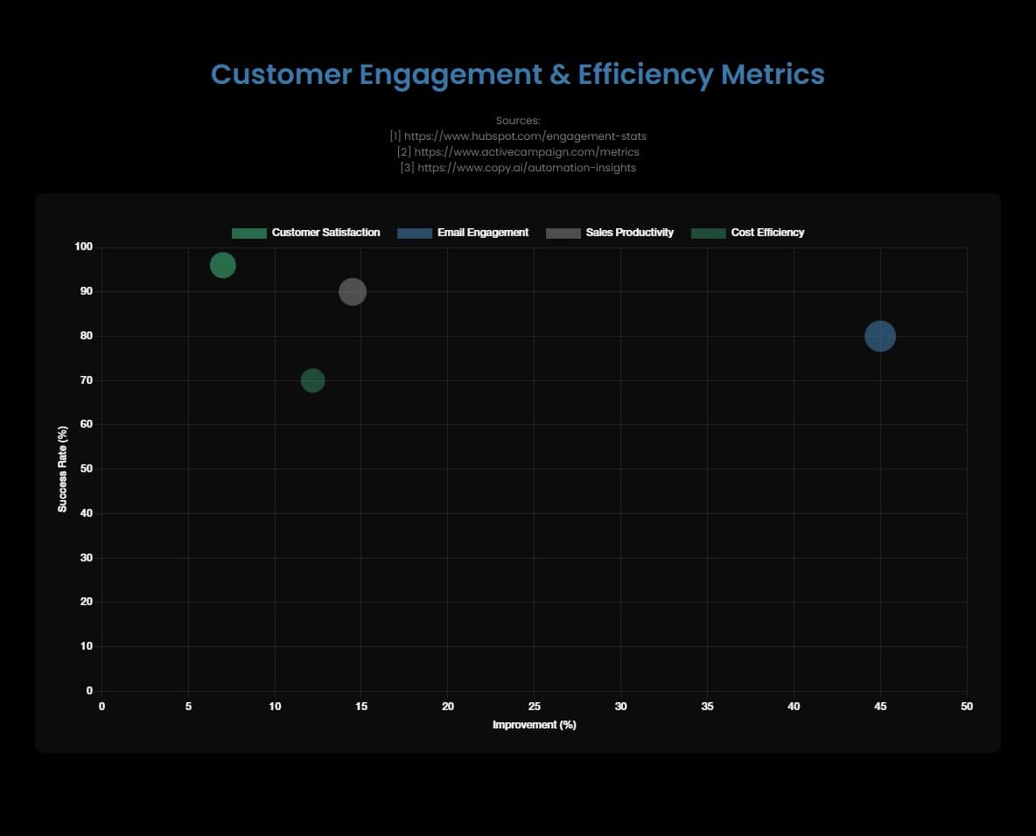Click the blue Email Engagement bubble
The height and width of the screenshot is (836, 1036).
(x=880, y=336)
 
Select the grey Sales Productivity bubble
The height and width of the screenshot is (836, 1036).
(x=353, y=291)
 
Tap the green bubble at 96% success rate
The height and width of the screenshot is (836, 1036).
(x=223, y=265)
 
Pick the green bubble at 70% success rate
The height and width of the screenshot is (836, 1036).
(x=312, y=380)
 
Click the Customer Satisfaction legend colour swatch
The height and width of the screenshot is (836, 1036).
(x=248, y=233)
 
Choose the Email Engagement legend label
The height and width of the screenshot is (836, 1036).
(x=482, y=233)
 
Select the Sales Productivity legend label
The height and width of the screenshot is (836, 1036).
(x=629, y=233)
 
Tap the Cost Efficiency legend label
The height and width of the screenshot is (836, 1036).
(x=766, y=233)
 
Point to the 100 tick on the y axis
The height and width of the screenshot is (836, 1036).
(x=83, y=247)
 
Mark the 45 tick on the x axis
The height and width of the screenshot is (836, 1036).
(x=880, y=706)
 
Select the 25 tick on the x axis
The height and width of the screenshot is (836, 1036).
(x=535, y=706)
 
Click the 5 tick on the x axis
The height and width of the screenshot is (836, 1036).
(x=188, y=706)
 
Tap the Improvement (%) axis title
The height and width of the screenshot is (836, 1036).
(x=535, y=725)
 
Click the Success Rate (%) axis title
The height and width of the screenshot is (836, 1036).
(x=63, y=470)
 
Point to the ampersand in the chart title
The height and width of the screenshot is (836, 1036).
(x=558, y=75)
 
